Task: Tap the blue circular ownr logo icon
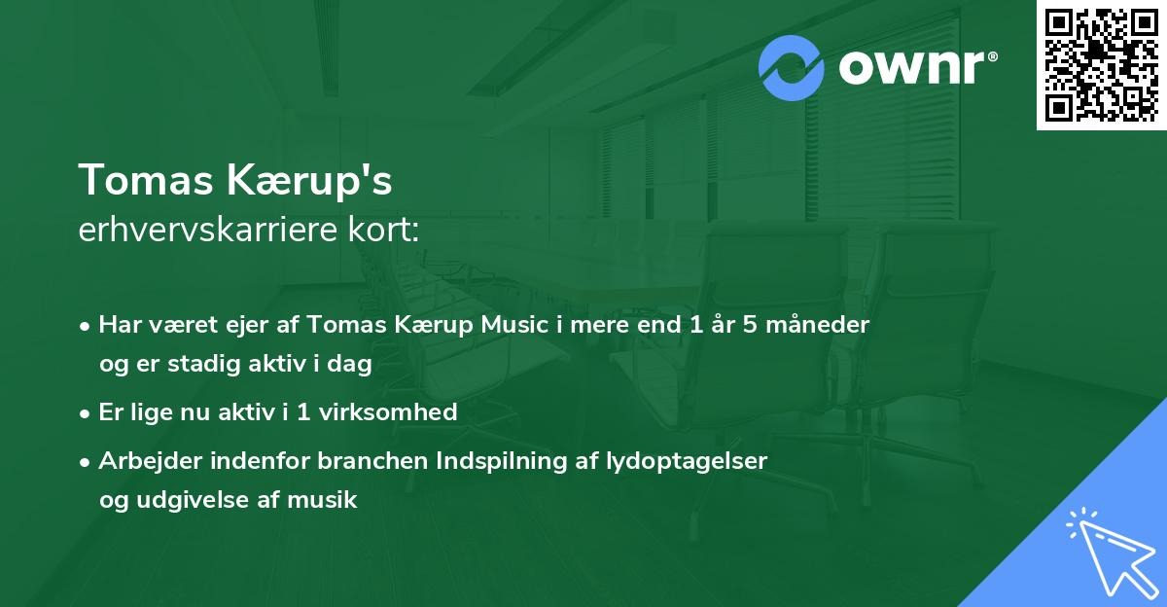(792, 67)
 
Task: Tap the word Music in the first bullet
(513, 324)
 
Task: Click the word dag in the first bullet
(353, 365)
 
